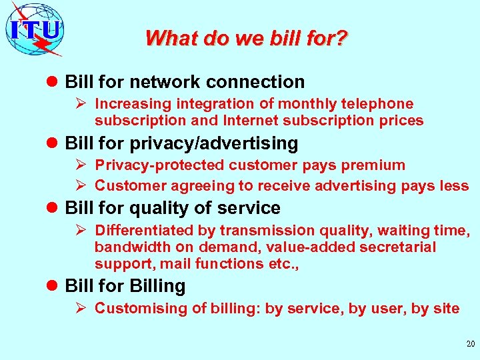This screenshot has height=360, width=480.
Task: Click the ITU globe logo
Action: [35, 29]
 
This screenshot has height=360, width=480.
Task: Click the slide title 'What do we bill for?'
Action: [246, 38]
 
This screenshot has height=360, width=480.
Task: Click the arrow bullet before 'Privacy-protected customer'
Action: [83, 165]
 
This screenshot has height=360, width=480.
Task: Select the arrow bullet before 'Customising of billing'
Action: [83, 308]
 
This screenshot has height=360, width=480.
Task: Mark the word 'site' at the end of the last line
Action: [446, 308]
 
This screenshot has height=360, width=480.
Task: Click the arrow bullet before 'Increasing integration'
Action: [83, 104]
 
